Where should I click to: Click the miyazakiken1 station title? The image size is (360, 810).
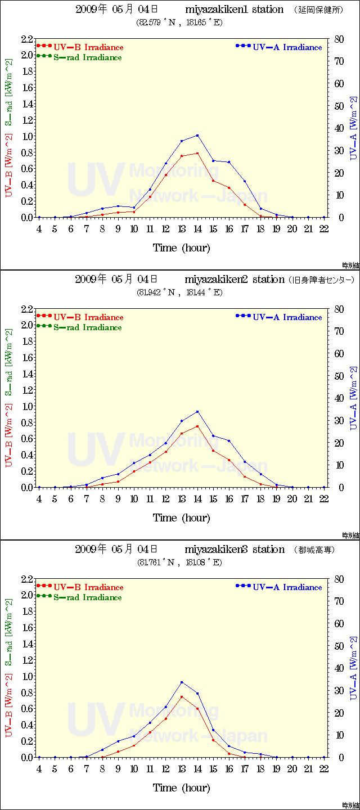click(235, 10)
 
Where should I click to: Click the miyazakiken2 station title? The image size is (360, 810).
click(235, 280)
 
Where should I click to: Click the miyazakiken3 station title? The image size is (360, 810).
click(235, 550)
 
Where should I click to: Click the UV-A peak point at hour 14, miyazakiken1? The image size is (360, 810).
click(197, 135)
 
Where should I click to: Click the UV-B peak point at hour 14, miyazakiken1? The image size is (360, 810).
click(197, 153)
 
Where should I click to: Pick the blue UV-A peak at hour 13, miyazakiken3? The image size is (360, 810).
click(182, 682)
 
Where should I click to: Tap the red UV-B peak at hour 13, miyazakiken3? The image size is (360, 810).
click(182, 697)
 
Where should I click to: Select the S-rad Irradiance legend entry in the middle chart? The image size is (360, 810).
click(87, 327)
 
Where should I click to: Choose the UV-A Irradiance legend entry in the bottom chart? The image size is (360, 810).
click(287, 587)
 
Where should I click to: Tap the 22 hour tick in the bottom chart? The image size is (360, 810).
click(324, 769)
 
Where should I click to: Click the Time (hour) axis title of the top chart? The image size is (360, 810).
click(181, 247)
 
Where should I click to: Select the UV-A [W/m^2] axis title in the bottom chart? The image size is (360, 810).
click(353, 668)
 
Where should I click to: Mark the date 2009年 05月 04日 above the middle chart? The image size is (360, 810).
click(116, 280)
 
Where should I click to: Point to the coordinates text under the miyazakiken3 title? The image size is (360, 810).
click(180, 562)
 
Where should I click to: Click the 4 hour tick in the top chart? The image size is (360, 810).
click(39, 229)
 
